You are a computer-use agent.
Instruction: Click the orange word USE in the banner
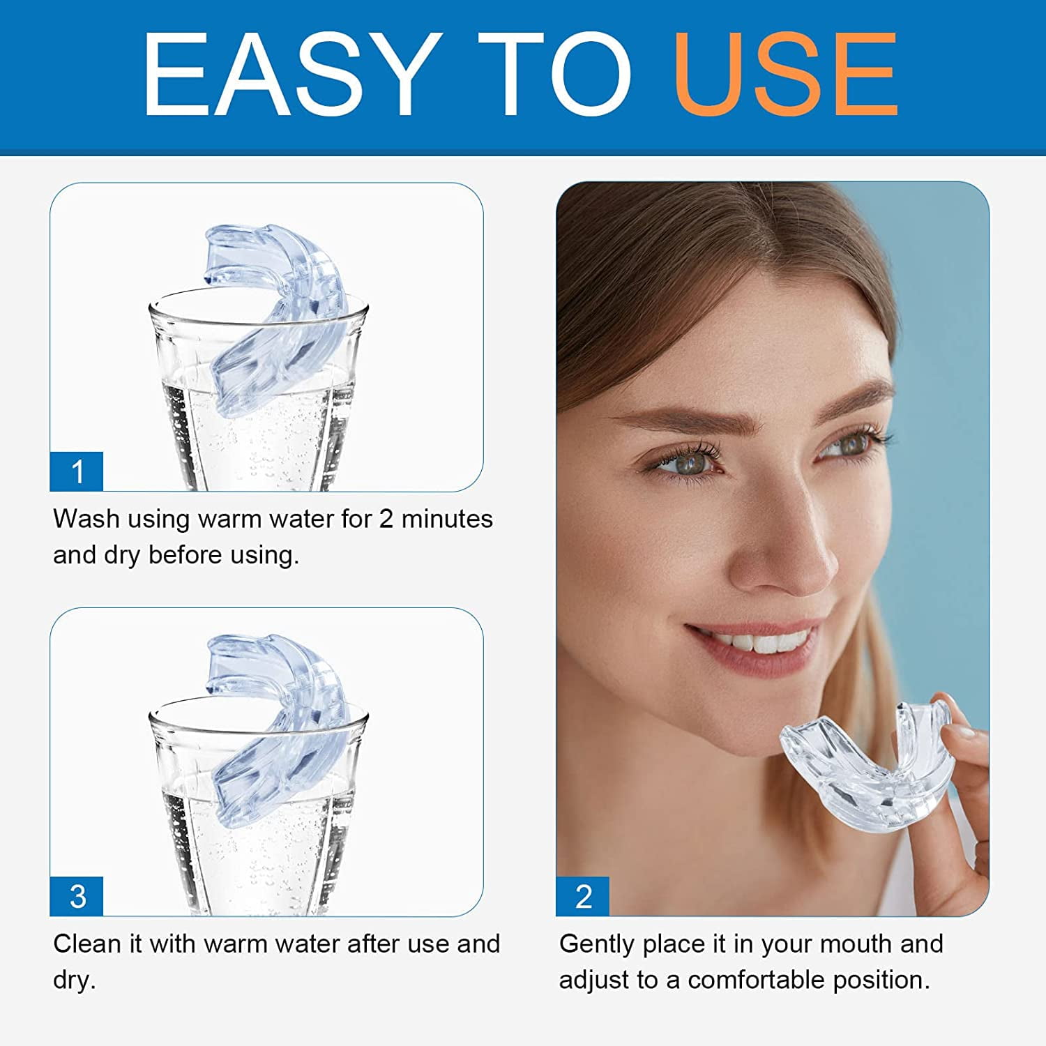786,75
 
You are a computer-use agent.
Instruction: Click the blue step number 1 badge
77,471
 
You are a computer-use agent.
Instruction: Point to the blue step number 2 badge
583,897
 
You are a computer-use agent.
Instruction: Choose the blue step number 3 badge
77,897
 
